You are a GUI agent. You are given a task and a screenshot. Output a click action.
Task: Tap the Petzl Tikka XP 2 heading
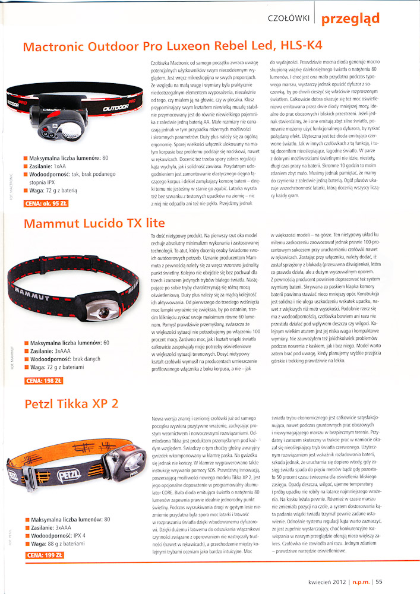[x=71, y=404]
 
